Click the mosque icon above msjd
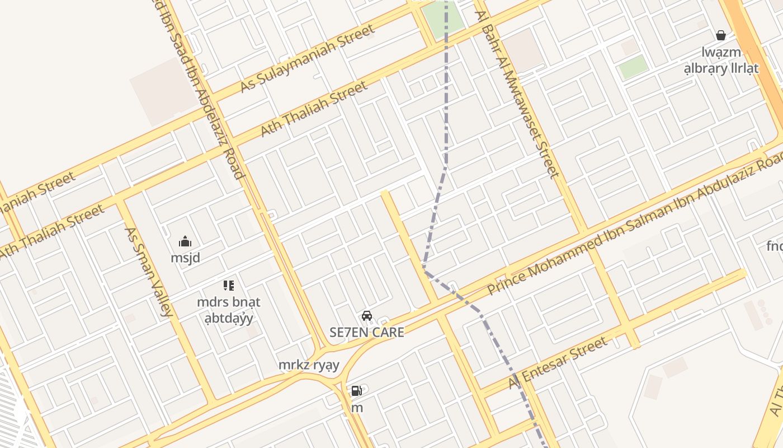coord(185,242)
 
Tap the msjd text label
coord(185,258)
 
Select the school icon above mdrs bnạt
coord(228,286)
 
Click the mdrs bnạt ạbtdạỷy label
coord(228,310)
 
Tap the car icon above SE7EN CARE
coord(367,316)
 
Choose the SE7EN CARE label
coord(367,332)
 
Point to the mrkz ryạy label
coord(309,365)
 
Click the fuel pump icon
coord(356,391)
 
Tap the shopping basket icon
coord(721,35)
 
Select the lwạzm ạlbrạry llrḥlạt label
coord(721,60)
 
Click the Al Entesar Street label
coord(558,363)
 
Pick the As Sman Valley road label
coord(147,272)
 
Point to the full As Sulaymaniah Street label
coord(307,59)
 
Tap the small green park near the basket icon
coord(634,67)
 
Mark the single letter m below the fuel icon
coord(357,408)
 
